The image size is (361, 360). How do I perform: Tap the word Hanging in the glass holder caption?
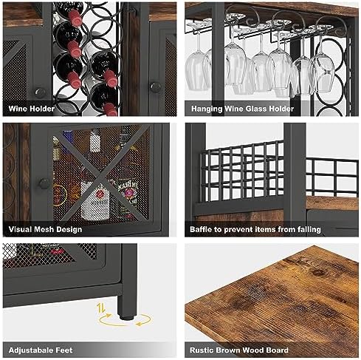point(207,109)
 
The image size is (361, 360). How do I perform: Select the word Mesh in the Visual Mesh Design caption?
point(44,229)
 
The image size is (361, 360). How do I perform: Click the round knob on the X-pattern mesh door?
point(44,183)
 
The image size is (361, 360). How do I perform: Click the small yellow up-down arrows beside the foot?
point(101,308)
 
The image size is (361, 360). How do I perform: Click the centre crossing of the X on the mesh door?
point(100,177)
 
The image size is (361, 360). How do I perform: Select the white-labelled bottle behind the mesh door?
point(95,200)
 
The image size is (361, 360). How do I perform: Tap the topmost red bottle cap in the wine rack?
point(75,16)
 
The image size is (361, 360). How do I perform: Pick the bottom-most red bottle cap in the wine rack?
point(110,109)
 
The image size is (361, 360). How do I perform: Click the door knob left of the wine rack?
point(40,93)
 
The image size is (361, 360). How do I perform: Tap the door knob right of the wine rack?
point(155,87)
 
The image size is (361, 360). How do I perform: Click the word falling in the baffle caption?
point(309,229)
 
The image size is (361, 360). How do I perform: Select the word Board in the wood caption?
point(277,350)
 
